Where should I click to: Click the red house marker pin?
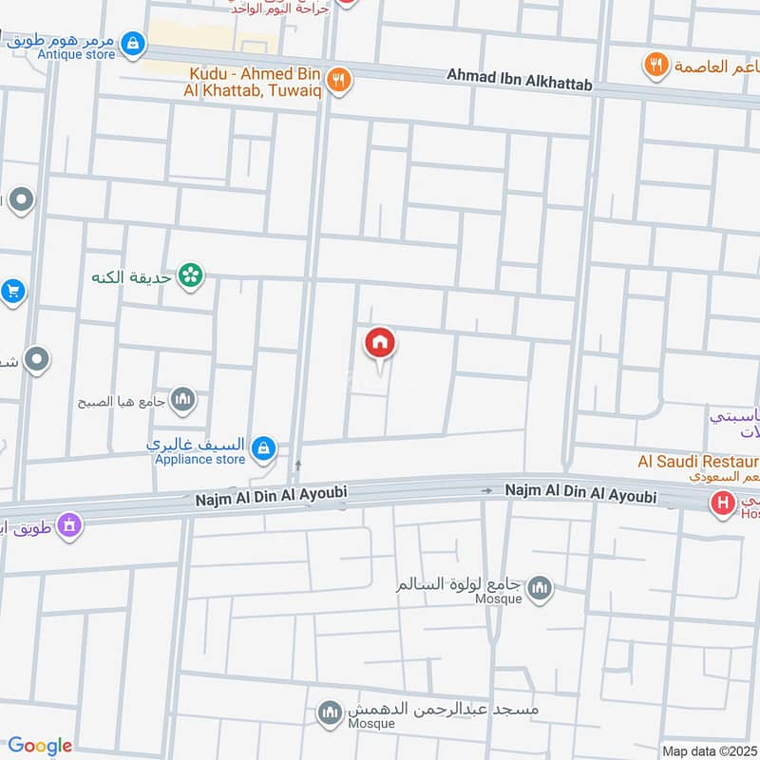(380, 344)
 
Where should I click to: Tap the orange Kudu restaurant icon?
(339, 80)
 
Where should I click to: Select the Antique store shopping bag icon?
(134, 43)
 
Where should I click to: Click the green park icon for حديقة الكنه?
(191, 276)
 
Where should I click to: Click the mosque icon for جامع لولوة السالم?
(540, 588)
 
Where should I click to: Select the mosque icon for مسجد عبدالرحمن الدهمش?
(331, 712)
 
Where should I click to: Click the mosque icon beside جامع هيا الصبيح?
(184, 400)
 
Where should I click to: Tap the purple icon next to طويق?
(67, 523)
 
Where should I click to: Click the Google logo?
(40, 746)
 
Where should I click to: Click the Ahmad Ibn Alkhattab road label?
(519, 85)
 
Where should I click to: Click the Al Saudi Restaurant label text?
(698, 463)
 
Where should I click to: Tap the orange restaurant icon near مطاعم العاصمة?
(655, 65)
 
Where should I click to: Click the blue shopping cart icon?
(11, 292)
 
